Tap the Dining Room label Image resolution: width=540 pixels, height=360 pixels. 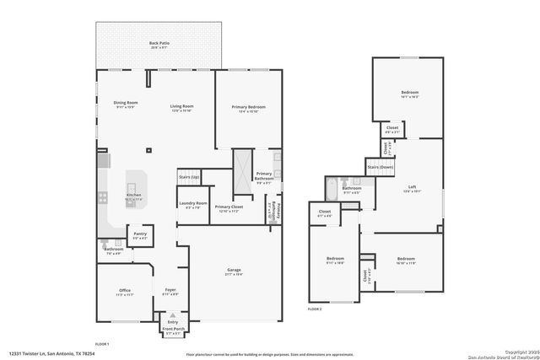pos(126,105)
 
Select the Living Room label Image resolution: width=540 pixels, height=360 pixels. pos(181,105)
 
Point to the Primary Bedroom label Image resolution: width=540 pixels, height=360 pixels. pos(249,107)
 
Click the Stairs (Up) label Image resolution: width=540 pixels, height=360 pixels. pos(189,177)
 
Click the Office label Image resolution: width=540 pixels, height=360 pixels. pos(125,292)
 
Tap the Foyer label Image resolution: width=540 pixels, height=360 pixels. pos(170,292)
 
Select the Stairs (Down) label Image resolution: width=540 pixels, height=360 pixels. pos(381,168)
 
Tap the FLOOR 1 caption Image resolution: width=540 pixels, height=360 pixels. pos(102,344)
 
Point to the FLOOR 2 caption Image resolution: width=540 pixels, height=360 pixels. pos(315,309)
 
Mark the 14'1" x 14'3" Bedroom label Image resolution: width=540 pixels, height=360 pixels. pos(409,94)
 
